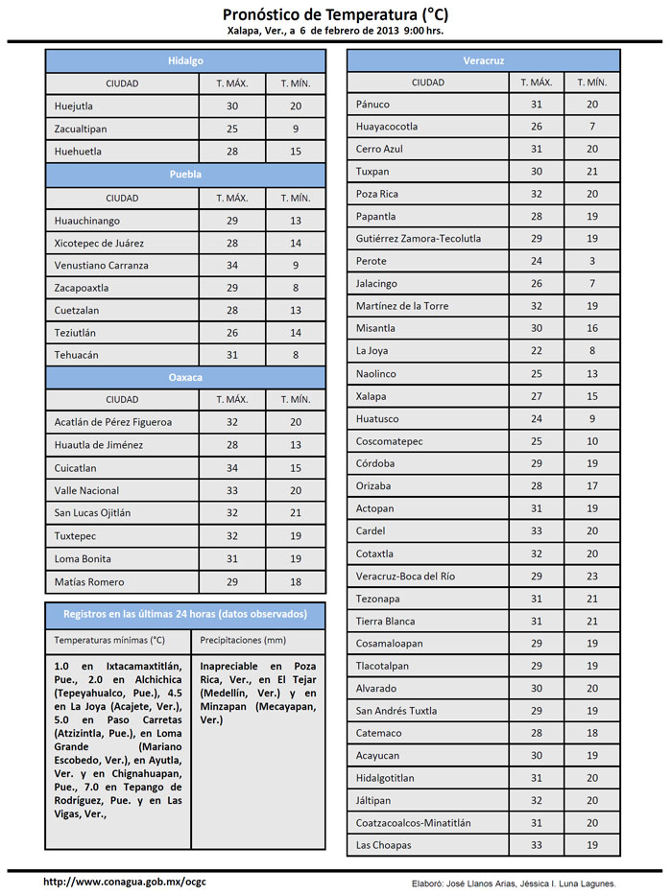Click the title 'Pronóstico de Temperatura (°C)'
pos(335,14)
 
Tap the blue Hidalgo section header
pos(185,60)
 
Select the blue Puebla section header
pos(185,175)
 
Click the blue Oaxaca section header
pos(185,377)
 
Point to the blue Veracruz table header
pos(483,60)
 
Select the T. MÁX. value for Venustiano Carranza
pos(231,265)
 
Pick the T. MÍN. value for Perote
pos(592,261)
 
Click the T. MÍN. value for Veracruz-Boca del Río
pos(592,577)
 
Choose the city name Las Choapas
pos(383,845)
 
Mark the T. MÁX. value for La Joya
pos(537,351)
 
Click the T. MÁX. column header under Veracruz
pos(537,82)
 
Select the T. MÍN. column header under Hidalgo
pos(296,82)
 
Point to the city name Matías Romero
pos(89,581)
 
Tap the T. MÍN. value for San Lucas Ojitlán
pos(296,512)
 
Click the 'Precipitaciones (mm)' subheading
pos(243,639)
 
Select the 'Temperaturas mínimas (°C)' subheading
pos(109,639)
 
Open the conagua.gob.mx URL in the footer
pos(125,882)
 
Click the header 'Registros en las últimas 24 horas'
pos(185,614)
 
